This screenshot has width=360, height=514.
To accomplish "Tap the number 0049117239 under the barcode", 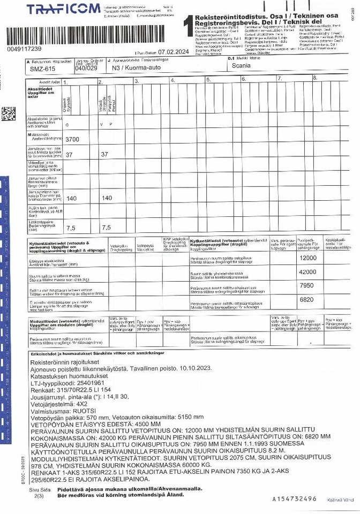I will tap(24, 49).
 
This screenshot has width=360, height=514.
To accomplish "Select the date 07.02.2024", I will tap(174, 52).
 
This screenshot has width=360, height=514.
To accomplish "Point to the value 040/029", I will tap(86, 69).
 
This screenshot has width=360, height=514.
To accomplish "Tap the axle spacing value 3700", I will tap(72, 139).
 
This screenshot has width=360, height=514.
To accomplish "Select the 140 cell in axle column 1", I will tap(71, 198).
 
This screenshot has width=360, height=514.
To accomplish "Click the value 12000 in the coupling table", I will tap(307, 258).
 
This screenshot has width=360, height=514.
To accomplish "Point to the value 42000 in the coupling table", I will tap(307, 271).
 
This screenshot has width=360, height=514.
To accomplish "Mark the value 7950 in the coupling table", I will tap(307, 285).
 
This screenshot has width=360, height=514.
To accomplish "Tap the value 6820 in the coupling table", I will tap(307, 300).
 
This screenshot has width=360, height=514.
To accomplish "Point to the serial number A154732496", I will tap(294, 499).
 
